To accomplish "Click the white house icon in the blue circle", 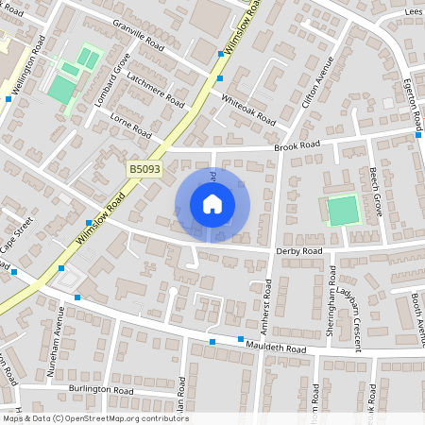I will click(x=212, y=203).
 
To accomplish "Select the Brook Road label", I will click(x=297, y=145).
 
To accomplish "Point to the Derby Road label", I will click(x=299, y=251).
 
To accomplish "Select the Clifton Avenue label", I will click(x=316, y=86).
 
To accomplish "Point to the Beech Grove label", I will click(x=375, y=192).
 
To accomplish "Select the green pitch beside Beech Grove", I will click(x=344, y=210).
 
